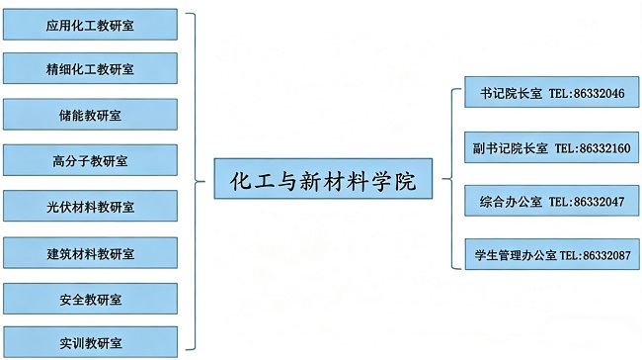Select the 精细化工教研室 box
(90, 69)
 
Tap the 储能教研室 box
(90, 115)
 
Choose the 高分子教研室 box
(90, 160)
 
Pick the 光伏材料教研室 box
(90, 206)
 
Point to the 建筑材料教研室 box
(90, 251)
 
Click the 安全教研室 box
(90, 297)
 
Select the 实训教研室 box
(90, 342)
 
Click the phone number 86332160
(603, 148)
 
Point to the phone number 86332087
(604, 255)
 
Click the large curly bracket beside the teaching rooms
(201, 183)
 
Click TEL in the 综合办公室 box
(560, 202)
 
